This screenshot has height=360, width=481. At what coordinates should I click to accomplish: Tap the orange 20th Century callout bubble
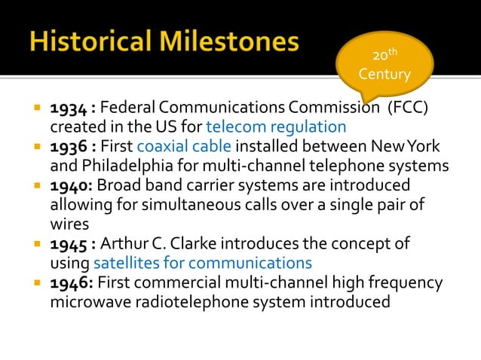coord(384,66)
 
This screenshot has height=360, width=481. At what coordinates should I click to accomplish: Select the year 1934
coord(67,108)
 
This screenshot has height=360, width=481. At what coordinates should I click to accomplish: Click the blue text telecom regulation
coord(276,127)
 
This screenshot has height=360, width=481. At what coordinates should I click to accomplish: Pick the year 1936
coord(67,146)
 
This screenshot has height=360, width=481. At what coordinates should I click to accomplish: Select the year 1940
coord(67,185)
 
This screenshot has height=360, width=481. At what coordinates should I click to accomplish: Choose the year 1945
coord(67,244)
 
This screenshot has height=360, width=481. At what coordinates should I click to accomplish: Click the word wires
coord(69,224)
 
